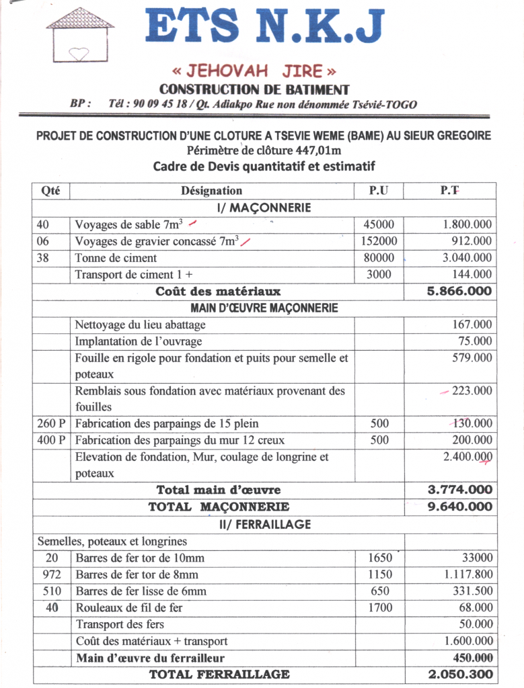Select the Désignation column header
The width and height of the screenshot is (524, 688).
click(211, 191)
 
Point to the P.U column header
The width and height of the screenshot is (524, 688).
click(379, 191)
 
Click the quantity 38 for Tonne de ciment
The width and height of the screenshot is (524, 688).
click(44, 257)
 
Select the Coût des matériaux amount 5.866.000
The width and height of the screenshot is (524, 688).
click(459, 292)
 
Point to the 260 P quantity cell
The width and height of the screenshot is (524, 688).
click(50, 423)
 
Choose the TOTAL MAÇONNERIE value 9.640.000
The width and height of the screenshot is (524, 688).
click(460, 507)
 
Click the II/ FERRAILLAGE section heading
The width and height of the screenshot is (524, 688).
click(264, 524)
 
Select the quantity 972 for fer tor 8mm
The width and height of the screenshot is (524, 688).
click(51, 574)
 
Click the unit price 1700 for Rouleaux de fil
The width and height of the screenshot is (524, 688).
click(380, 608)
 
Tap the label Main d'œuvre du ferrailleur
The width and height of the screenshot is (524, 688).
click(150, 658)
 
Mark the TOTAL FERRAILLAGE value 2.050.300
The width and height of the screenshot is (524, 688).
click(460, 674)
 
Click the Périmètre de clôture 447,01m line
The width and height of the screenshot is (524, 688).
click(264, 150)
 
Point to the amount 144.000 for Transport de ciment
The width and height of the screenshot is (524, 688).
click(471, 274)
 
